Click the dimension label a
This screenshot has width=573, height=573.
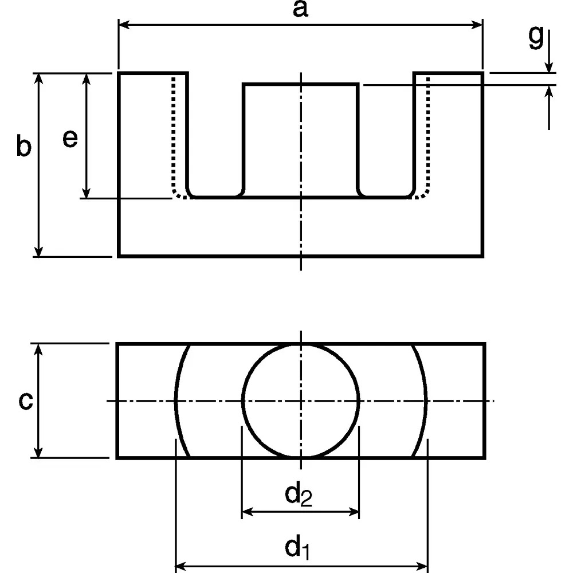[300, 10]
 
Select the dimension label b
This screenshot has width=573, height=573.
[23, 147]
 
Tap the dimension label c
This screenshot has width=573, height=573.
[25, 401]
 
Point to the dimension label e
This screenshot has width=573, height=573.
[70, 139]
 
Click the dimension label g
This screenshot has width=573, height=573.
[535, 37]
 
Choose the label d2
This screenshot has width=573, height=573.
[299, 494]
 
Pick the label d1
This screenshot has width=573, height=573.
[298, 548]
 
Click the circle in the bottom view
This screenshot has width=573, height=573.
[301, 401]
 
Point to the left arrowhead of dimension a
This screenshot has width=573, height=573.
[123, 25]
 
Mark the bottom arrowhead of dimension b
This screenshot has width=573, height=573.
[39, 252]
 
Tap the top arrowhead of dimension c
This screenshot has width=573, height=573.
[39, 349]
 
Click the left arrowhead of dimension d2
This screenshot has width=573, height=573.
[247, 512]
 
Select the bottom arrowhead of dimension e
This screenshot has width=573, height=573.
[87, 193]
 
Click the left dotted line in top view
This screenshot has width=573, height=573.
[173, 138]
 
